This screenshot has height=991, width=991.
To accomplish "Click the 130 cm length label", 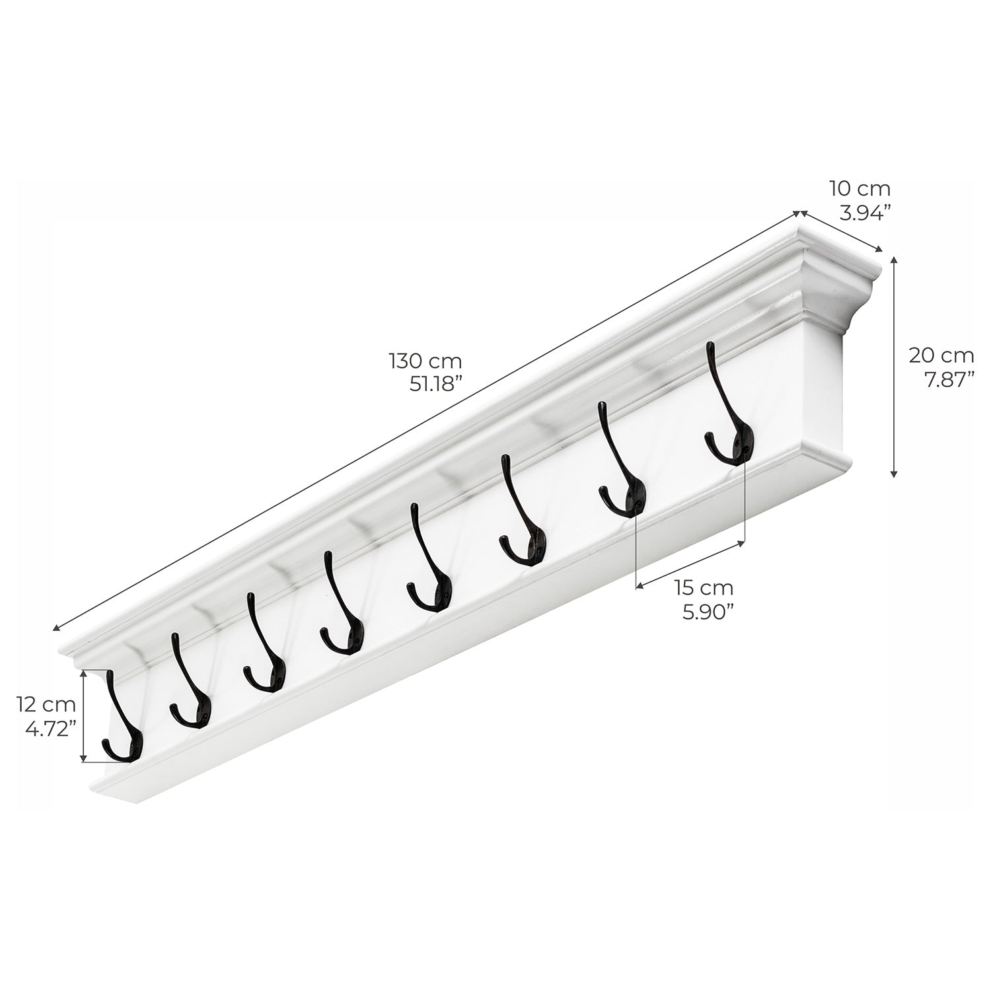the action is [425, 361].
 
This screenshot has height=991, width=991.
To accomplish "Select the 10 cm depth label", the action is [860, 189].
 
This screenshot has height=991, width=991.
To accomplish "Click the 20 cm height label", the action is [941, 355].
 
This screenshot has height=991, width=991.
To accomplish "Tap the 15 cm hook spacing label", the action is [704, 587].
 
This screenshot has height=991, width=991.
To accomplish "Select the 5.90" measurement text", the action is [708, 610].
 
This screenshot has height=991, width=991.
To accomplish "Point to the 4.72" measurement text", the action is [50, 728].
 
